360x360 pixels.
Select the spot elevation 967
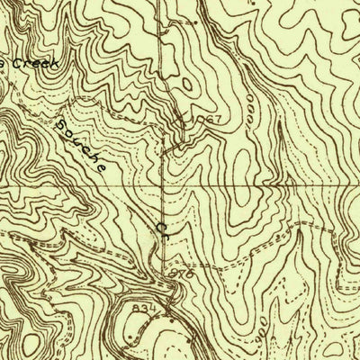pos(208,121)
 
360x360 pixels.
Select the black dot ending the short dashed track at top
pos(195,19)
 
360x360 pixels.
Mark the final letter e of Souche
pos(103,166)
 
